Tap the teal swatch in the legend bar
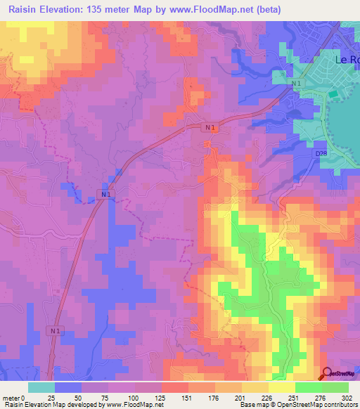tap(41, 387)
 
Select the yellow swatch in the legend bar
tap(282, 387)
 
